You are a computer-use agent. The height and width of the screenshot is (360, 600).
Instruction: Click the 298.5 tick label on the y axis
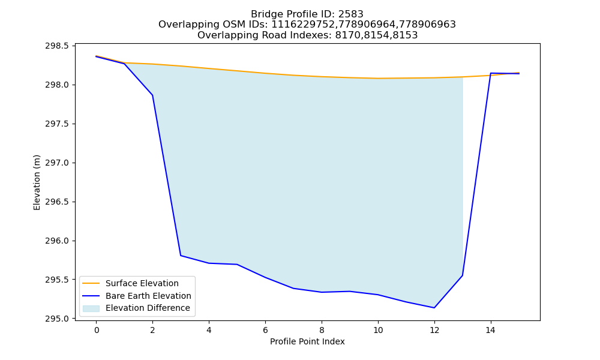[57, 46]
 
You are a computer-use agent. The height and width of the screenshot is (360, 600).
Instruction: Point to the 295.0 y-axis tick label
[57, 319]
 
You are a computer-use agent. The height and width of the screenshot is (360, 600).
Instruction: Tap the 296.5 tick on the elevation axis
[57, 202]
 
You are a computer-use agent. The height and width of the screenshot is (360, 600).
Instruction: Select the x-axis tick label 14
[491, 330]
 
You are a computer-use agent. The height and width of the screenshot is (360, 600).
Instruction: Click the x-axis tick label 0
[97, 330]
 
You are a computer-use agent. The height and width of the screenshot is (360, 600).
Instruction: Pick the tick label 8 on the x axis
[322, 330]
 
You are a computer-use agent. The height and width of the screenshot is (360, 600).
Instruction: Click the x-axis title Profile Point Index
[307, 341]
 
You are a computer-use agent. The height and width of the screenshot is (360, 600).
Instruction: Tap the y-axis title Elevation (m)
[37, 182]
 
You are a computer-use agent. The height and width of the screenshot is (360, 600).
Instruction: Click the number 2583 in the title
[351, 14]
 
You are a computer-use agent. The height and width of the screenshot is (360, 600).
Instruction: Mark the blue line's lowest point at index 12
[434, 308]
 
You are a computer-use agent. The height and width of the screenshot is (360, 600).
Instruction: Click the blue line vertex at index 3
[181, 255]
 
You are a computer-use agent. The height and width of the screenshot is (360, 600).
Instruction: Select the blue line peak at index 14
[491, 73]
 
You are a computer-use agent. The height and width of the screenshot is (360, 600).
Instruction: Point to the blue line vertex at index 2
[152, 95]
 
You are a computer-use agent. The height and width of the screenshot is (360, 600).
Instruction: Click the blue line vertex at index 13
[463, 275]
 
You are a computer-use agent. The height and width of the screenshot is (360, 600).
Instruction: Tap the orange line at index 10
[378, 79]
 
